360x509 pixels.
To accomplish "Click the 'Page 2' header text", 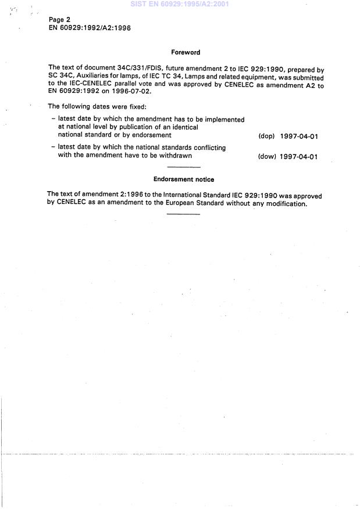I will coord(59,20).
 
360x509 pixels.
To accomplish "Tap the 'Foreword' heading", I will coord(186,52).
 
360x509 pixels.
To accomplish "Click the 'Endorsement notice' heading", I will coord(184,180).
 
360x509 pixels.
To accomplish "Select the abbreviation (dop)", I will coord(266,137).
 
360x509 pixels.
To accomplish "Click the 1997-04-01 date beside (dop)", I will coord(298,137).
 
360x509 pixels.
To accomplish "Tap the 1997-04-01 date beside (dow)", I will coord(298,157).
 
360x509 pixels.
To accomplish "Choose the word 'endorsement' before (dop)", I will coord(153,135).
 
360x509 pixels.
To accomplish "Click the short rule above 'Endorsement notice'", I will coord(183,168).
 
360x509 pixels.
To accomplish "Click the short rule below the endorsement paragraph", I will coord(183,214).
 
